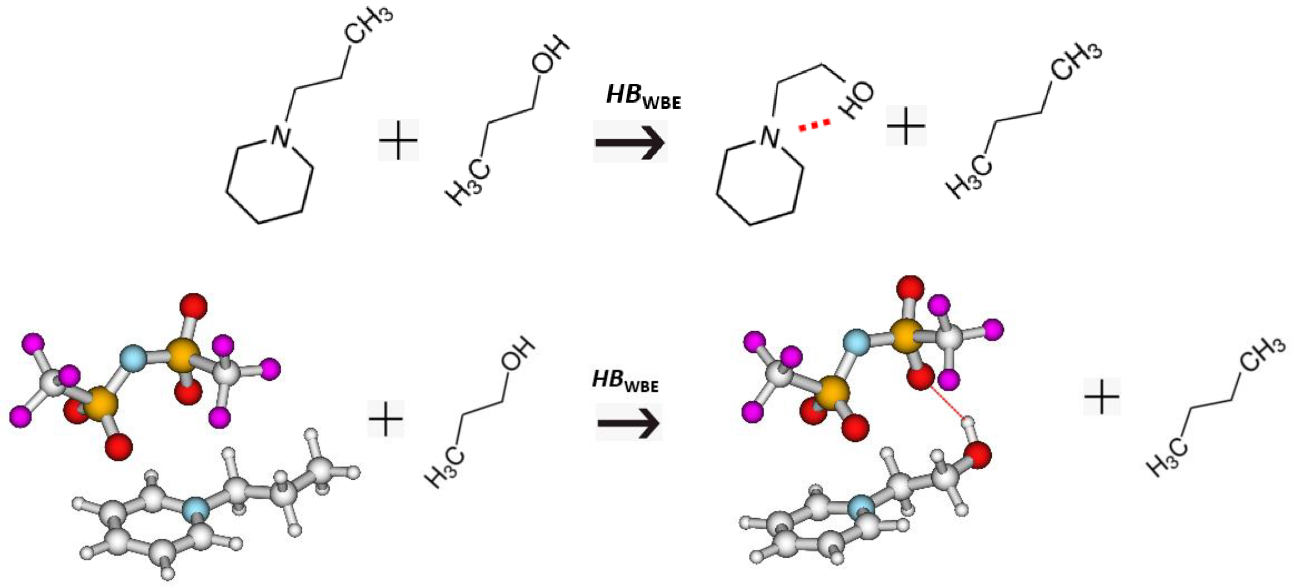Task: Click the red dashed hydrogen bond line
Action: coord(814,125)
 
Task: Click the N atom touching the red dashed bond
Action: coord(770,136)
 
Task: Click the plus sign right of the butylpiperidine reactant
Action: coord(398,140)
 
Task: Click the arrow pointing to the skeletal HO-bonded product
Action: coord(630,142)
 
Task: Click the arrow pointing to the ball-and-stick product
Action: coord(629,422)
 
